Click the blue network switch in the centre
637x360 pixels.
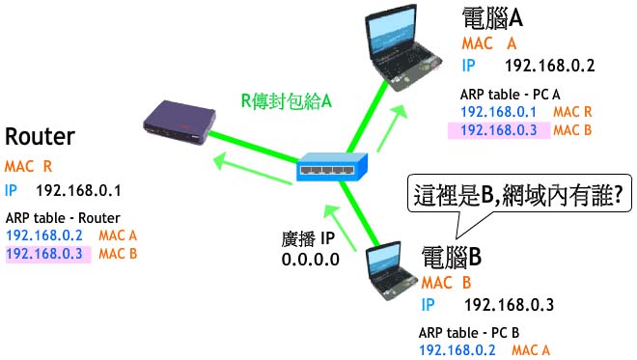(332, 167)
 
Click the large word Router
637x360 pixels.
(40, 136)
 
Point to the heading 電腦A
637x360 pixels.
(492, 18)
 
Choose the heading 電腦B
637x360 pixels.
(452, 257)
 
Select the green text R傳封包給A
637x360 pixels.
(287, 100)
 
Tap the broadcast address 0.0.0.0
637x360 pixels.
(311, 260)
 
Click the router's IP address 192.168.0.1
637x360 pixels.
(78, 190)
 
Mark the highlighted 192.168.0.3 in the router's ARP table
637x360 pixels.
(44, 254)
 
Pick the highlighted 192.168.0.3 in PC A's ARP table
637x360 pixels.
(499, 130)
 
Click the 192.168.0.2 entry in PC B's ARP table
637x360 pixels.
(457, 349)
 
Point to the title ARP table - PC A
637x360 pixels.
(510, 95)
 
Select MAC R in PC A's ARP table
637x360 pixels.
(572, 112)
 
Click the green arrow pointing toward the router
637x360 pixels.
(253, 170)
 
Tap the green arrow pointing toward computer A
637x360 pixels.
(392, 128)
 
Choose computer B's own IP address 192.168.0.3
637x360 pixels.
(509, 305)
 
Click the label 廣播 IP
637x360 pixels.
(308, 239)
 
